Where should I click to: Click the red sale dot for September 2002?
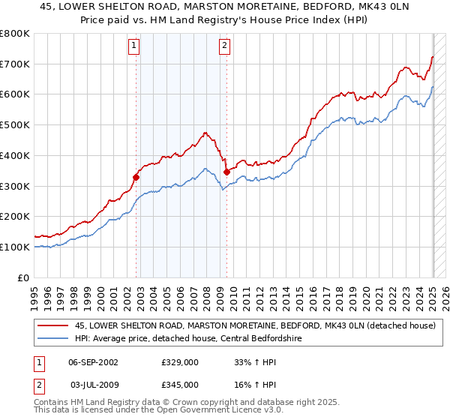point(136,178)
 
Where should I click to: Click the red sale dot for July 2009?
point(226,172)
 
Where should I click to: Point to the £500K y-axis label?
point(15,124)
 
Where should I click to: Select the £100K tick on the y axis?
point(15,247)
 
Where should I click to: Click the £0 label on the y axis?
point(23,277)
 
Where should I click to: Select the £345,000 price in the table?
point(179,384)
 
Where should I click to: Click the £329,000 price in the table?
point(179,361)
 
